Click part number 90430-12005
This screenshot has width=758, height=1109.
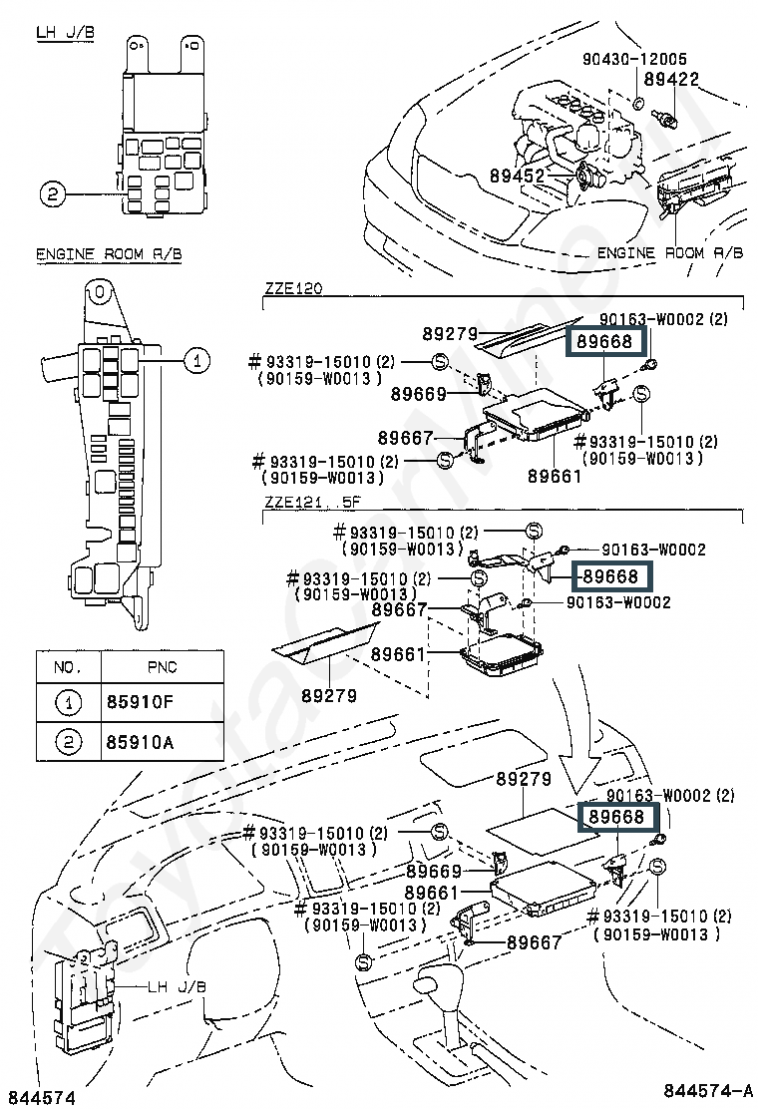point(635,60)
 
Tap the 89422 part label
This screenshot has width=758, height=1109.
point(670,79)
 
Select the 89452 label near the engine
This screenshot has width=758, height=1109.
point(517,176)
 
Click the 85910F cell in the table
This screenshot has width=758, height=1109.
point(140,703)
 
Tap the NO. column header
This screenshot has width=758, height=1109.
point(67,666)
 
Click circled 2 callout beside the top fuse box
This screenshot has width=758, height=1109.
point(54,193)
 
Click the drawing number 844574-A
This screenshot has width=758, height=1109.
point(703,1087)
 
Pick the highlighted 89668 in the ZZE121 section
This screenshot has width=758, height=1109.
point(610,575)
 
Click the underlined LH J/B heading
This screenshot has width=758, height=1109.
point(65,33)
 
